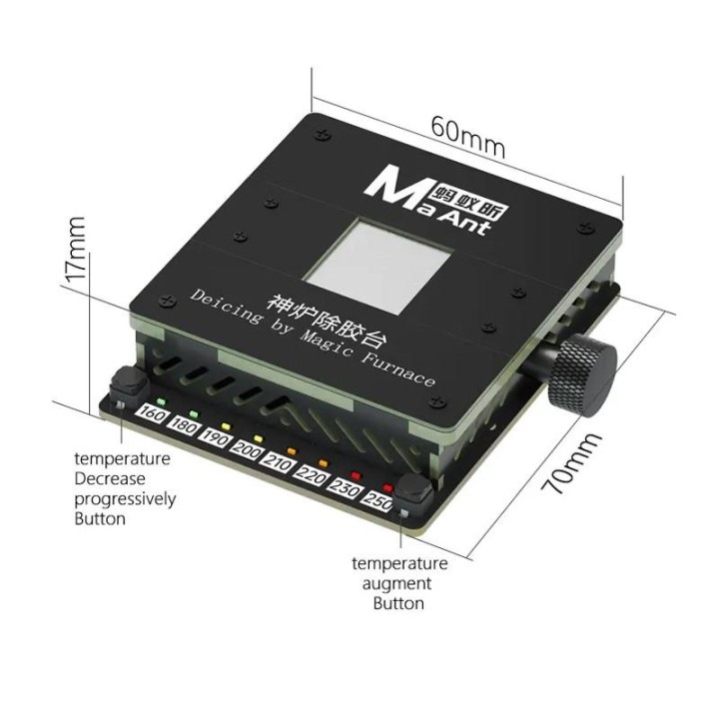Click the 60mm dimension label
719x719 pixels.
click(467, 137)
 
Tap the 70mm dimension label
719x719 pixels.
click(570, 462)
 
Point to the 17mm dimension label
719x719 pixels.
click(74, 249)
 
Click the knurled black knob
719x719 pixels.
click(582, 375)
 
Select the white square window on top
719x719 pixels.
click(378, 266)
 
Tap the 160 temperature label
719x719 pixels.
click(152, 414)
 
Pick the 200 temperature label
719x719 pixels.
click(248, 451)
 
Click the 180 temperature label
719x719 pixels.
click(184, 426)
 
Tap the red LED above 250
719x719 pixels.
click(387, 487)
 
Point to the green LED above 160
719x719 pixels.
click(162, 402)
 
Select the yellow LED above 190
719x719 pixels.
click(225, 426)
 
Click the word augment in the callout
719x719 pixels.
click(397, 584)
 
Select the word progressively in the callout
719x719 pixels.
click(125, 500)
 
